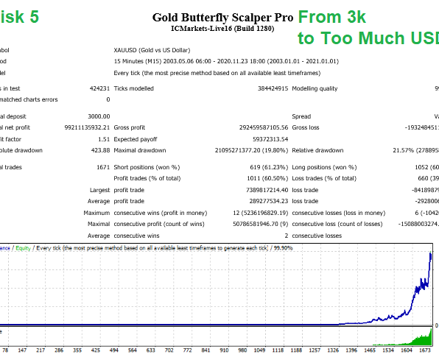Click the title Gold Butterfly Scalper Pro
(x=222, y=17)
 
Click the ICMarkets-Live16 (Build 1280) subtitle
(x=222, y=30)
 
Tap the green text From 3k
(x=331, y=15)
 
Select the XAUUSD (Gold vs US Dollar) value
(x=155, y=50)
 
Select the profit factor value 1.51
(x=103, y=138)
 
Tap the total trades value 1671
(x=102, y=167)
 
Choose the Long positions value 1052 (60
(x=413, y=167)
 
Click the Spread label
(x=301, y=116)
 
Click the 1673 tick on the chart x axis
(x=426, y=351)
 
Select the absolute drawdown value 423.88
(x=100, y=150)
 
